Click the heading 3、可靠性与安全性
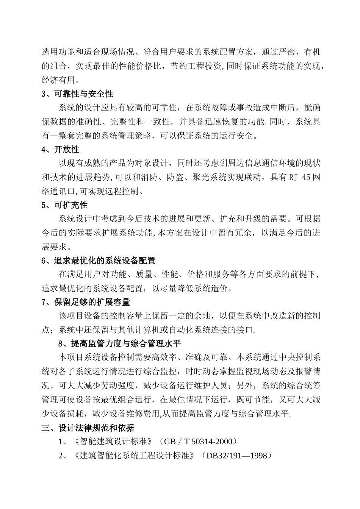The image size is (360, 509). (77, 94)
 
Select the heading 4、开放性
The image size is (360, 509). (60, 149)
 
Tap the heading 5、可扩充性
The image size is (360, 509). (64, 205)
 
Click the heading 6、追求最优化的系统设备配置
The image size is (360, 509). (99, 261)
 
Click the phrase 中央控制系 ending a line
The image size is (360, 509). (299, 358)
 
